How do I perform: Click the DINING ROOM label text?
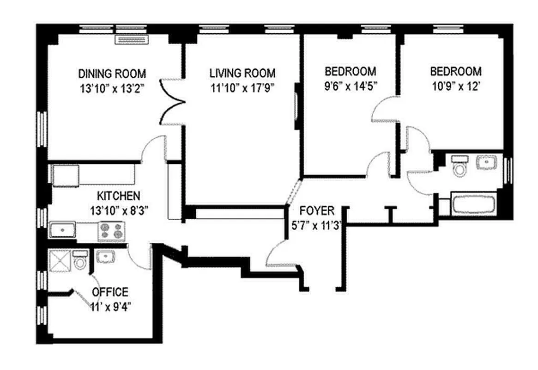coord(112,74)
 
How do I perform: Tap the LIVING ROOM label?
coord(242,73)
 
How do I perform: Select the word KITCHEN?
coord(119,196)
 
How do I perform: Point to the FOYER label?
coord(316,211)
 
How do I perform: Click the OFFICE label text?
coord(110,292)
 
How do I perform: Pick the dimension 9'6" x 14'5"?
coord(350,87)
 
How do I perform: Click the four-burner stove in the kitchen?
coord(112,231)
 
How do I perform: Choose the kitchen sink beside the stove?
coord(62,230)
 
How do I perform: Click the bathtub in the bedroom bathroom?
coord(473,204)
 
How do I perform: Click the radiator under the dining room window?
coord(131,39)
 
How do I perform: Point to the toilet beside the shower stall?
coord(80,262)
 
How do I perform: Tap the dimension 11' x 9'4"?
coord(110,307)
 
